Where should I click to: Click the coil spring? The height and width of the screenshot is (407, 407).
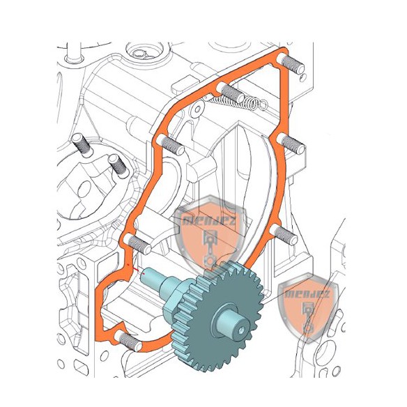point(238,105)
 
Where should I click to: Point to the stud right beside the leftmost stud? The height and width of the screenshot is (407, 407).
point(116,163)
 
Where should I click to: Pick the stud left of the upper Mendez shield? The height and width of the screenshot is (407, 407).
point(139,244)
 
